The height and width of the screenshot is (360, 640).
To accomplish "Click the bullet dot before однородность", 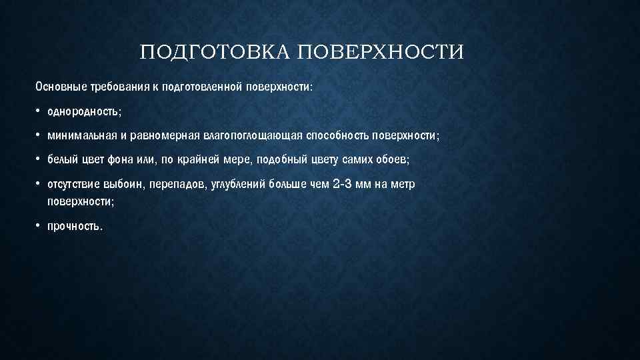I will point(39,111).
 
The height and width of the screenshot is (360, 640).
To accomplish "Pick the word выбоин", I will point(123,184).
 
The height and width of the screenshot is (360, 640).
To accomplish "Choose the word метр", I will point(403,184).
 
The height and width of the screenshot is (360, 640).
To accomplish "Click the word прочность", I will point(75,226).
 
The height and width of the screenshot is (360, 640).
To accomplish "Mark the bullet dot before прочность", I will point(39,226).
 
